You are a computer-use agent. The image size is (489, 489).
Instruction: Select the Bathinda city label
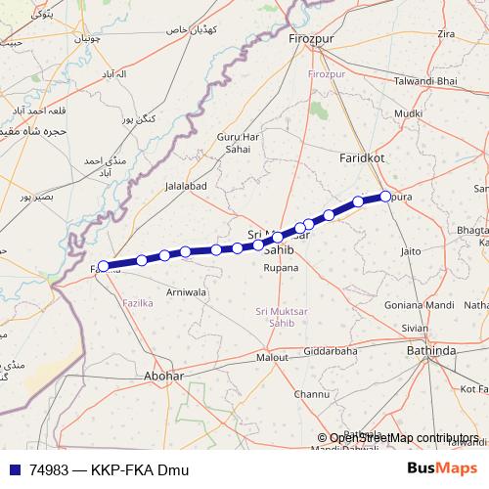click(x=432, y=349)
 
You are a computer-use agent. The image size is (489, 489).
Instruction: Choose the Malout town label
click(x=273, y=358)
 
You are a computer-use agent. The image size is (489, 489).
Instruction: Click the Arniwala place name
click(x=186, y=291)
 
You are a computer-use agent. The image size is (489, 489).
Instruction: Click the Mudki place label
click(x=407, y=113)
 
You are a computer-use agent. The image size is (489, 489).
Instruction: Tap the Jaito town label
click(x=411, y=251)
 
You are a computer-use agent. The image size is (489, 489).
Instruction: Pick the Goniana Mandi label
click(x=419, y=305)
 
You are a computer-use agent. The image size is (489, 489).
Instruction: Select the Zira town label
click(x=446, y=34)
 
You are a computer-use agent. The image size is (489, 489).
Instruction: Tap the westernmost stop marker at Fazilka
click(x=104, y=265)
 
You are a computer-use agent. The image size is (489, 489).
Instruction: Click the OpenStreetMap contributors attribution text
click(x=405, y=437)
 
